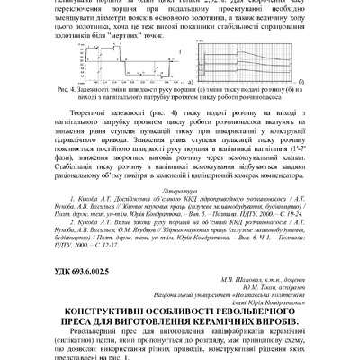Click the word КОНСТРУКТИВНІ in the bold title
85,310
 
